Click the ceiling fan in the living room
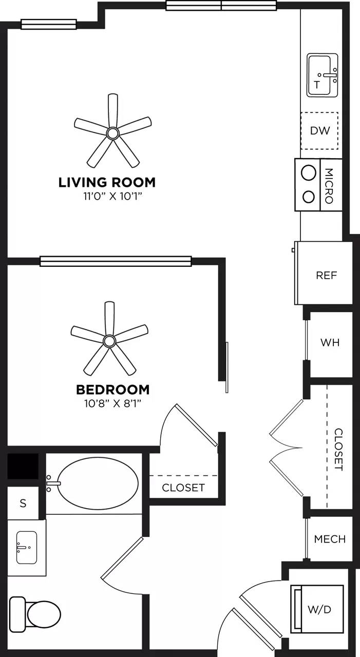click(x=112, y=133)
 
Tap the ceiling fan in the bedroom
click(x=109, y=340)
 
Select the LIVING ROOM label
click(x=107, y=182)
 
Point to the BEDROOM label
click(x=112, y=389)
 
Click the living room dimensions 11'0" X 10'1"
click(x=107, y=196)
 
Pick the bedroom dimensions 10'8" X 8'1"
click(x=113, y=403)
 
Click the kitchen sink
click(x=323, y=76)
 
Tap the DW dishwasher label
click(x=319, y=130)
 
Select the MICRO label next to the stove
click(x=330, y=185)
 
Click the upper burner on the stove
click(x=308, y=173)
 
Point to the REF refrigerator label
click(x=327, y=276)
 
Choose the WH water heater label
click(x=330, y=342)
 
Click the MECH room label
click(x=330, y=539)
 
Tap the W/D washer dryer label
click(x=319, y=609)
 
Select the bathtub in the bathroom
click(x=98, y=482)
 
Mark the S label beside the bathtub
click(x=23, y=504)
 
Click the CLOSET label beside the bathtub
click(x=183, y=488)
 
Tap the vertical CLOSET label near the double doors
click(x=338, y=450)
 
